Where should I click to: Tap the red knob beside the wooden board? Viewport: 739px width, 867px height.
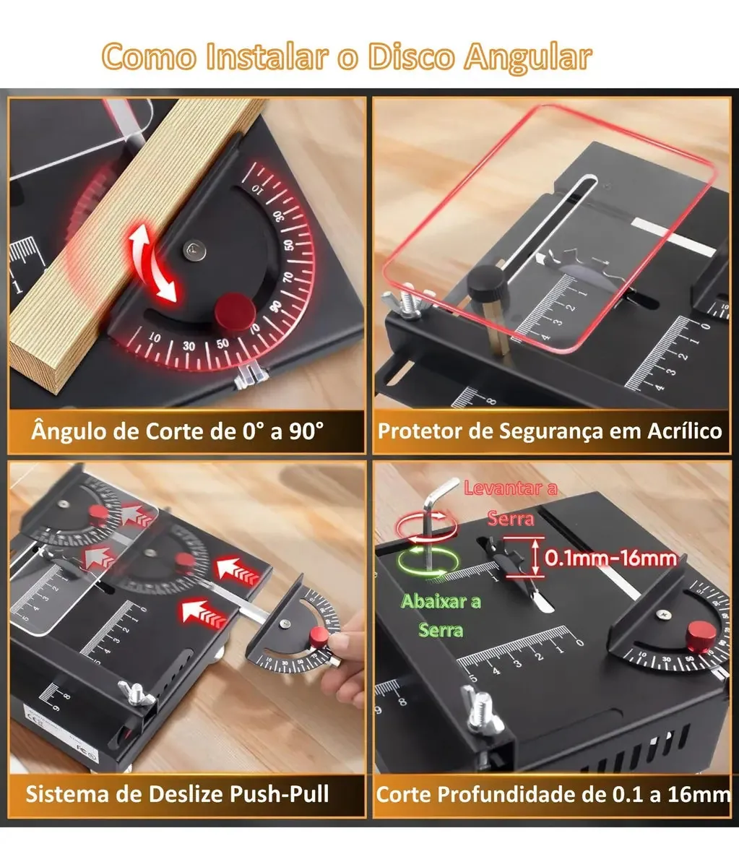point(235,311)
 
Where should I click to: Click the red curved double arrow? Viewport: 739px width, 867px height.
point(153,263)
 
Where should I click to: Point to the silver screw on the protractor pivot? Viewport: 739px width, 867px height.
point(196,251)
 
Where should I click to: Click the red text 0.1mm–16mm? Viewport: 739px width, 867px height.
point(610,558)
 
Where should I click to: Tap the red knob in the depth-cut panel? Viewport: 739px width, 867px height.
point(701,637)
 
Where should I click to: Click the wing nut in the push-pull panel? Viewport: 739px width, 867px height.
point(137,694)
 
